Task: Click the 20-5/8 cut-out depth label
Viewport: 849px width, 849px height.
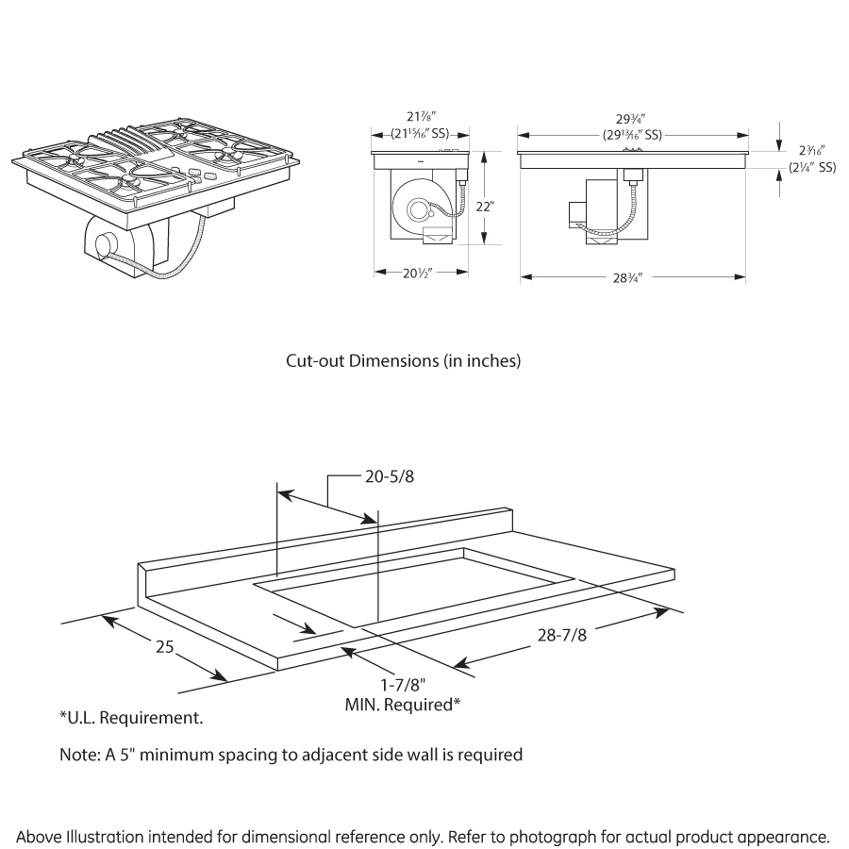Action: (389, 476)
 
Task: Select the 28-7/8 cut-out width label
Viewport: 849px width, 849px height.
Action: (561, 637)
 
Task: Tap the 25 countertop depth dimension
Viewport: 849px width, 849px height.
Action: (165, 647)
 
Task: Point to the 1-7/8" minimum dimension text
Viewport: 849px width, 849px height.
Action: (402, 686)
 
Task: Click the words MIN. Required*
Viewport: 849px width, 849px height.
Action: (402, 704)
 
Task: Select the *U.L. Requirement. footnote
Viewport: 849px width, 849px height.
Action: (131, 719)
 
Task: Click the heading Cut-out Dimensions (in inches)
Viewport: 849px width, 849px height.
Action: (403, 360)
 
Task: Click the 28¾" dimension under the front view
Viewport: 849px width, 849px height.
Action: (633, 277)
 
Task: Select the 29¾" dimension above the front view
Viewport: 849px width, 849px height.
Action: (633, 120)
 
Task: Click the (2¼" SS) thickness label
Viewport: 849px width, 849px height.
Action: (812, 168)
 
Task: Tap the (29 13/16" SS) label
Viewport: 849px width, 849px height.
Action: (633, 134)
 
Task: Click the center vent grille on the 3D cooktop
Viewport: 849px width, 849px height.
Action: (120, 147)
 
